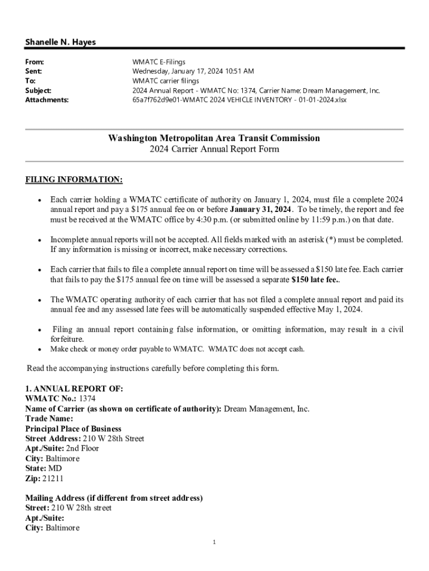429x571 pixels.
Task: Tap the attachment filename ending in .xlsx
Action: point(239,100)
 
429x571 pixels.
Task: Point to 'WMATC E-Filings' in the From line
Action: point(159,62)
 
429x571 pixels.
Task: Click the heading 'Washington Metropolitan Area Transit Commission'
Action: point(214,138)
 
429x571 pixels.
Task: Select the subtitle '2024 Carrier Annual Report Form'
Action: point(214,149)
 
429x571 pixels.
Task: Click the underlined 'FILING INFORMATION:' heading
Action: point(74,180)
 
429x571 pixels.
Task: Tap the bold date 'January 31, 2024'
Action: point(261,209)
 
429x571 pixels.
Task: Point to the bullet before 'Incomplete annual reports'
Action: point(40,240)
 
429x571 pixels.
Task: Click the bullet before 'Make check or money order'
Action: point(40,350)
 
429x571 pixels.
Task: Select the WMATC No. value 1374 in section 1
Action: point(87,399)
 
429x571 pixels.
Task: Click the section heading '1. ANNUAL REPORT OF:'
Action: point(75,389)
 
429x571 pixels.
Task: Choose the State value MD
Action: point(55,468)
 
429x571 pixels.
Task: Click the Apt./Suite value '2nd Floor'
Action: point(82,448)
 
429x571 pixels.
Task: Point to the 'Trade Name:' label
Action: point(49,418)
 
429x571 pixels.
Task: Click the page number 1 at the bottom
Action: point(214,542)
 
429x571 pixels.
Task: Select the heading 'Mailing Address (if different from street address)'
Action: point(114,497)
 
